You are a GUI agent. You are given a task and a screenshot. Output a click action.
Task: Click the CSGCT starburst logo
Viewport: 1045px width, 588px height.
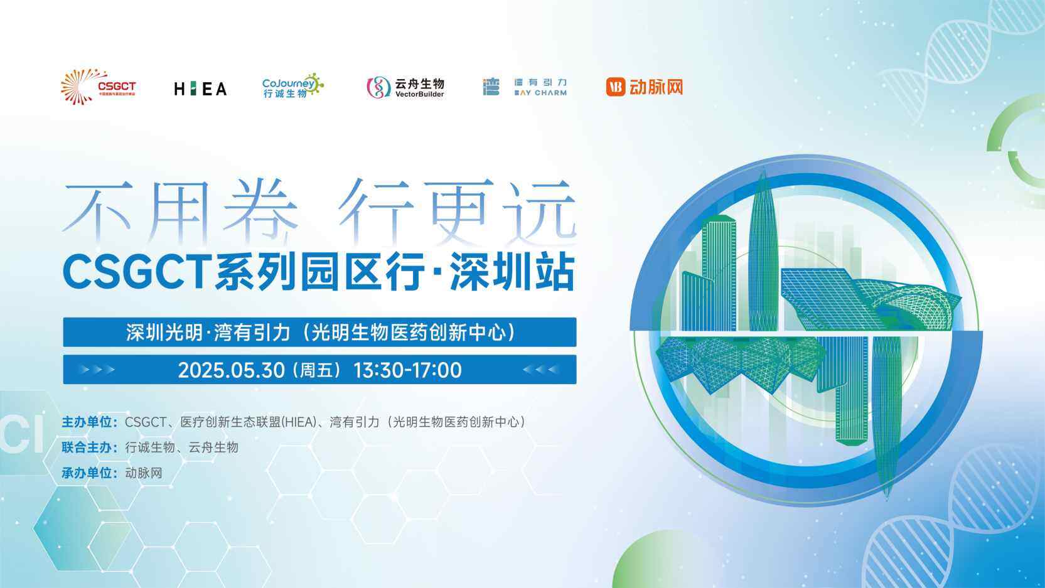pos(98,87)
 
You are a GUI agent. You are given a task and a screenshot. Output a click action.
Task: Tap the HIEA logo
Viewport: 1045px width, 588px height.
pos(201,88)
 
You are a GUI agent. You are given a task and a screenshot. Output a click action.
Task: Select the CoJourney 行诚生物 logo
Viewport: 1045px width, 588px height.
pos(293,86)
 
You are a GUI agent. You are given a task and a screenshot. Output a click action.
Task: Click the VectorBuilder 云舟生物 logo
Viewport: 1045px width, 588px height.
pos(405,87)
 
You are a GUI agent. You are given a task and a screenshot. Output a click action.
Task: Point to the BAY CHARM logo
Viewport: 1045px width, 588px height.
pos(525,87)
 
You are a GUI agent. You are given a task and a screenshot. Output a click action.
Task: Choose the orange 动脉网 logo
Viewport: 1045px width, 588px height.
pos(645,87)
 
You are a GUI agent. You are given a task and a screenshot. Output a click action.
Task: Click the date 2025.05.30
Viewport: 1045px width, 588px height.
pos(232,370)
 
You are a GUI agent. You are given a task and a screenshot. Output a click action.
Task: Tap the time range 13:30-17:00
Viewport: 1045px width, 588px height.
pos(408,370)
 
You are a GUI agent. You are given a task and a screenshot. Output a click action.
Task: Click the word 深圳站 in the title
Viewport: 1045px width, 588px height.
pos(512,272)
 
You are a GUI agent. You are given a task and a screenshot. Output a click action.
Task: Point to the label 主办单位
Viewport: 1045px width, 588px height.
pos(89,422)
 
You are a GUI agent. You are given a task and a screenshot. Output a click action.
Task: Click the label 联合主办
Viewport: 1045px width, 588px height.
pos(89,447)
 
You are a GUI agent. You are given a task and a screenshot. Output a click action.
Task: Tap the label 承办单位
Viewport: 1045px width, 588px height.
pos(89,473)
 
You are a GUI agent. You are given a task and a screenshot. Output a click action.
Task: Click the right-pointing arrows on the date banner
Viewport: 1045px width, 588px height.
pos(97,370)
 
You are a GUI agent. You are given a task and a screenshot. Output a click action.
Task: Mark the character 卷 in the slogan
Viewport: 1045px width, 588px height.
pos(260,212)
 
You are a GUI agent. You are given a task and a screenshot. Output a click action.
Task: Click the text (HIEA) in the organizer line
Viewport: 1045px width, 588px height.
pos(299,422)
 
